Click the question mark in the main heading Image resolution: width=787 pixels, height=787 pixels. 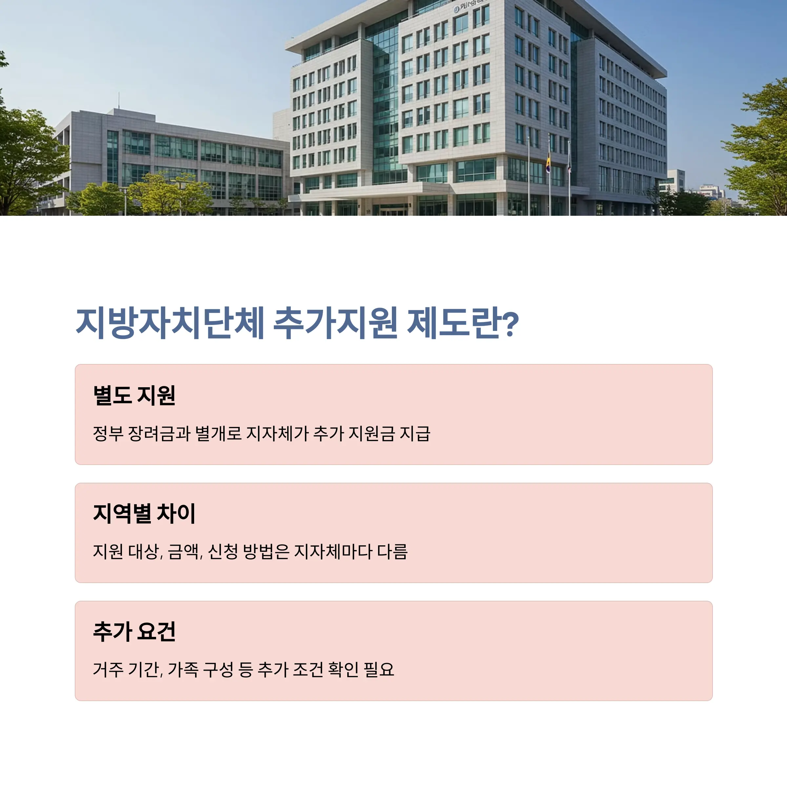[x=510, y=324]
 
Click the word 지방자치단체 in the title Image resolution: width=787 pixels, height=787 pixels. [x=170, y=323]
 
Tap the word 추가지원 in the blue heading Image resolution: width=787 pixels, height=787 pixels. [x=335, y=323]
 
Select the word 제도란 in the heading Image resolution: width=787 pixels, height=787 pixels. [x=454, y=323]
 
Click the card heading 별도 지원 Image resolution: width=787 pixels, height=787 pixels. [x=134, y=395]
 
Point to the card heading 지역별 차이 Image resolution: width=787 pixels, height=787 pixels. [x=145, y=513]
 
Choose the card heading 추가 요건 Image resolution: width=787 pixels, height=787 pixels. [x=134, y=631]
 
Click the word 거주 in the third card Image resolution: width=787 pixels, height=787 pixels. [x=108, y=670]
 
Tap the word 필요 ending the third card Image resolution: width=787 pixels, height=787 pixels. [x=379, y=670]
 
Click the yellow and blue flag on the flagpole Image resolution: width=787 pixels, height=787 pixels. [x=548, y=163]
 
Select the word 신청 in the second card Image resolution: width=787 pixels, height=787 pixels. [x=223, y=552]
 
